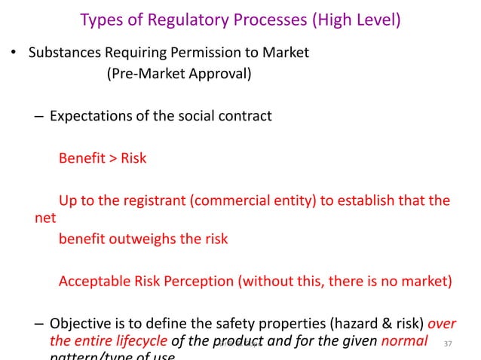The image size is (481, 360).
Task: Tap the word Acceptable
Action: tap(93, 282)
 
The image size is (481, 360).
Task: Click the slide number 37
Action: tap(449, 344)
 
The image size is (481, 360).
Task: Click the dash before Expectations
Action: tap(38, 116)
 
